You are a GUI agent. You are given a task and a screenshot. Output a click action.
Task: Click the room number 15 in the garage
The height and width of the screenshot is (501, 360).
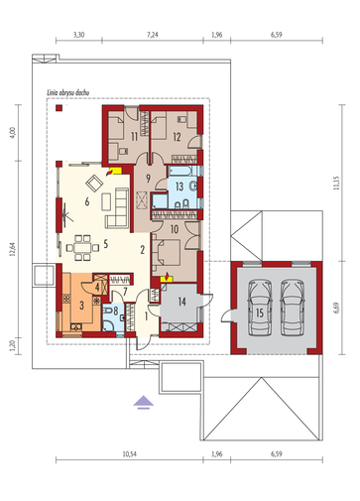tap(260, 313)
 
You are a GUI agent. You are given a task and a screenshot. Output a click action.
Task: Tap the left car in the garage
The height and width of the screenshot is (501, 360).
tap(260, 308)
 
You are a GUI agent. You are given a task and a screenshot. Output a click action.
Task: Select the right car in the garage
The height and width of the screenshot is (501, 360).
tap(293, 308)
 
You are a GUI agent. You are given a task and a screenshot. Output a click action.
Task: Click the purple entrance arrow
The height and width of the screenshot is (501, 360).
tap(144, 402)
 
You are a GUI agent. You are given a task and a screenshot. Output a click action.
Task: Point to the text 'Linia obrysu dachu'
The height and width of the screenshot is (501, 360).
tap(67, 93)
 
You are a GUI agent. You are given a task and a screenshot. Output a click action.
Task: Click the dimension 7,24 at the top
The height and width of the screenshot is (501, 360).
tap(153, 35)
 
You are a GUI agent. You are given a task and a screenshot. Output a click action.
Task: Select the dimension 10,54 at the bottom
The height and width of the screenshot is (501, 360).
tap(130, 454)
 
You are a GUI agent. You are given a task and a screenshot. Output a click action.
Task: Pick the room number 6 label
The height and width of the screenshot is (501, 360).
tap(87, 201)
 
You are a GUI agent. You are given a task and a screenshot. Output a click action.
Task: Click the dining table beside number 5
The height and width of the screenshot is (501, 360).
tap(82, 247)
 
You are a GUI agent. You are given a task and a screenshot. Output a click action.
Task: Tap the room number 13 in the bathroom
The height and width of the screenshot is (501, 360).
tap(180, 187)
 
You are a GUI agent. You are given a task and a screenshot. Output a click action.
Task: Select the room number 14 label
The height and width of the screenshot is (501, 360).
tap(181, 302)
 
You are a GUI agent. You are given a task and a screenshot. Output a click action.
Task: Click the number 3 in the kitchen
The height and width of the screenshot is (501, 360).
tap(81, 305)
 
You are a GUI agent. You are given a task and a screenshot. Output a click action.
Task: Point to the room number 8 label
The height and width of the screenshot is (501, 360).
tap(115, 311)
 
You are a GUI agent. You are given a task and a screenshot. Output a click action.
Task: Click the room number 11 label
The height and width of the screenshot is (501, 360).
tap(134, 137)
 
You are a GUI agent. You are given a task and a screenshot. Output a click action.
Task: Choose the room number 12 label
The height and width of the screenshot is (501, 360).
tap(177, 137)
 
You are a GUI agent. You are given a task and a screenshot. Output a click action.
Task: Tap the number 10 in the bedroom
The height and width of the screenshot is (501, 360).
tap(175, 229)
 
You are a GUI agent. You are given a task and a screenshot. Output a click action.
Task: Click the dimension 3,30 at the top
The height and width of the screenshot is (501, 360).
tap(78, 35)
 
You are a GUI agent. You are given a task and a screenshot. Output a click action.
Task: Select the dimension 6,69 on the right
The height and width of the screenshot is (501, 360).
tap(336, 308)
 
